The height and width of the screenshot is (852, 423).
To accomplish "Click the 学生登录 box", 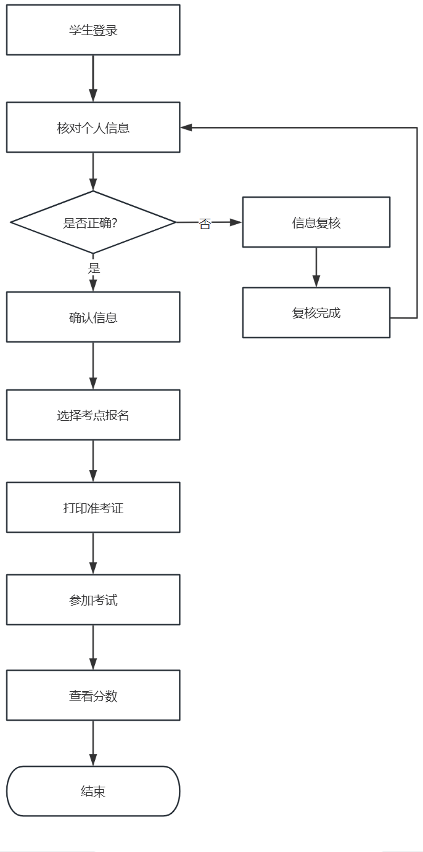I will click(93, 30).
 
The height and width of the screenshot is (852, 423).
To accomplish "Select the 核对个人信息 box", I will click(93, 128).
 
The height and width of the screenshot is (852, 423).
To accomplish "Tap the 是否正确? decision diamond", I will click(93, 222).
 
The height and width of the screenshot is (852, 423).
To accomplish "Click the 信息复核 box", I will click(316, 222).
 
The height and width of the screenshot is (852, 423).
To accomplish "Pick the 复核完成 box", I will click(316, 313).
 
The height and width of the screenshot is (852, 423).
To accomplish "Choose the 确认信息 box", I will click(93, 317).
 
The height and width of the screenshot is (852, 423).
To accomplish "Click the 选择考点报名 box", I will click(93, 415).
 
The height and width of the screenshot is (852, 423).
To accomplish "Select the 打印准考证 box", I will click(93, 508).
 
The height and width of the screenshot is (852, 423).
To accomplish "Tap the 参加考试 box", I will click(93, 600).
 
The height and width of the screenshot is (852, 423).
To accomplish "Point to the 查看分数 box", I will click(93, 696).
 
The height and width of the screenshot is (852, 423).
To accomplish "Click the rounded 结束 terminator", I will click(93, 791).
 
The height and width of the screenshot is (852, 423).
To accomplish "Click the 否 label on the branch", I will click(205, 224).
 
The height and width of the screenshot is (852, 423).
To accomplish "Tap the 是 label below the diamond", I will click(94, 268).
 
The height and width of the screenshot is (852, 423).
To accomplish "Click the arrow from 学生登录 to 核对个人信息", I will click(93, 78).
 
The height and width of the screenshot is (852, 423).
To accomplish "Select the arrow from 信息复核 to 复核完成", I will click(316, 267).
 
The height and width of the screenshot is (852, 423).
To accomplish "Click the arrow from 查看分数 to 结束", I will click(93, 743).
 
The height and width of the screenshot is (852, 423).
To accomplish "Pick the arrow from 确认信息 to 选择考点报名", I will click(93, 365).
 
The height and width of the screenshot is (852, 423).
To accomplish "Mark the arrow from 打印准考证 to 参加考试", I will click(93, 553).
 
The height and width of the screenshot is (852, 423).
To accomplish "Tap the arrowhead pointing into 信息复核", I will click(236, 222).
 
